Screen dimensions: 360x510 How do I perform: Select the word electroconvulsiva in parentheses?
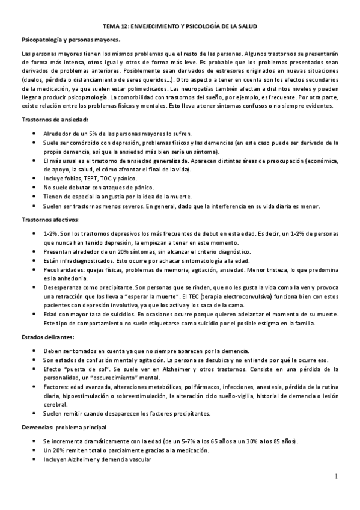click(281, 296)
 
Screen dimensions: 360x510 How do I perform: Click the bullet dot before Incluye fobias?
click(33, 179)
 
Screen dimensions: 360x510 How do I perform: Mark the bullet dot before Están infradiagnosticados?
click(33, 261)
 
